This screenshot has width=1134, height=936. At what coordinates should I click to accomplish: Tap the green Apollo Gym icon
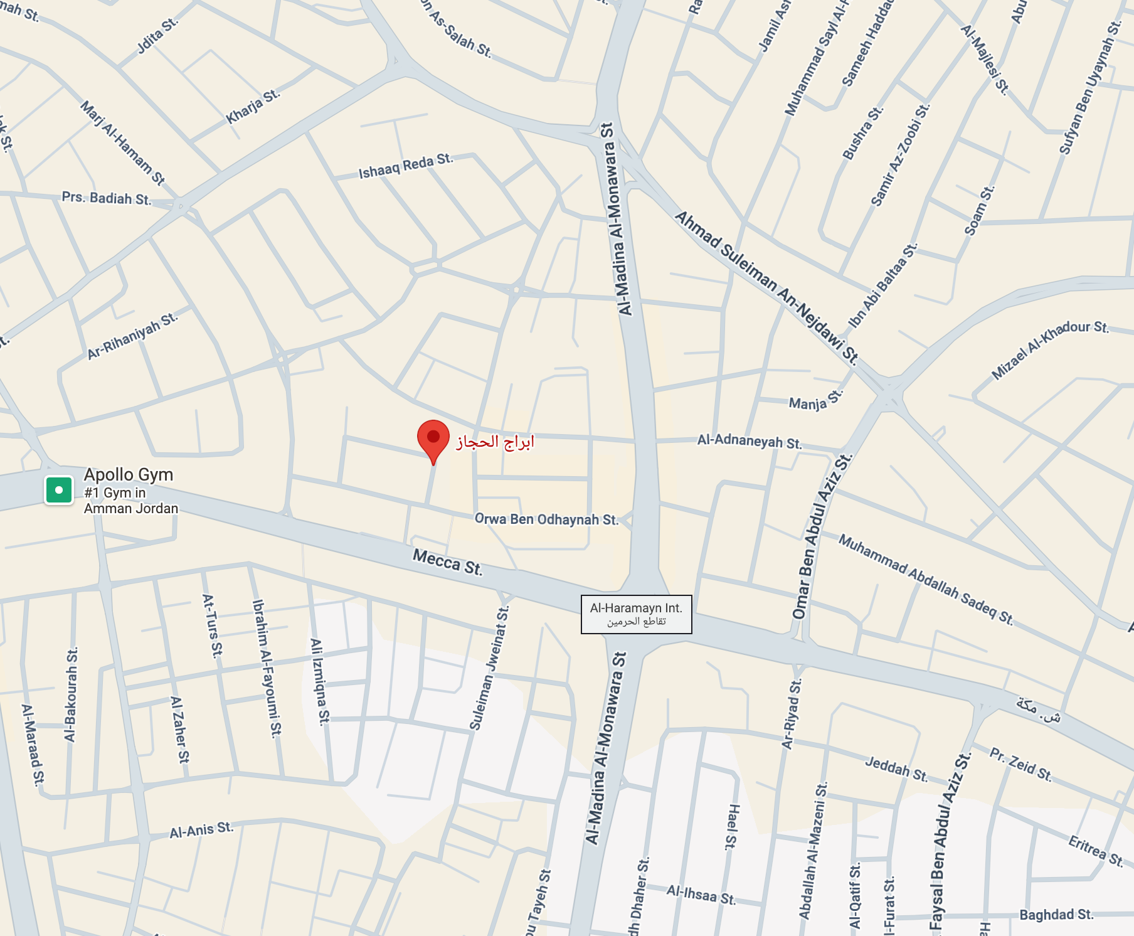[x=59, y=490]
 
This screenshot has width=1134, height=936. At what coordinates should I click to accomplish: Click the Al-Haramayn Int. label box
[x=636, y=614]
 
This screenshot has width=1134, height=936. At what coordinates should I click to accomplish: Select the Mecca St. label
[x=447, y=561]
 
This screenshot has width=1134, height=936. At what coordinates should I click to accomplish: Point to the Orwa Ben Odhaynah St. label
[x=546, y=519]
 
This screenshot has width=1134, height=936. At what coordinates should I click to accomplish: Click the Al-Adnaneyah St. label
[x=750, y=441]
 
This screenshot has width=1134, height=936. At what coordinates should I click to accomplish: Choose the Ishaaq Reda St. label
[x=406, y=166]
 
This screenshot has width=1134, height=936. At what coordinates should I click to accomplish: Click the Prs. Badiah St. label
[x=107, y=198]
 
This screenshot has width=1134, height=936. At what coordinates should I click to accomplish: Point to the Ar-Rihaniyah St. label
[x=132, y=336]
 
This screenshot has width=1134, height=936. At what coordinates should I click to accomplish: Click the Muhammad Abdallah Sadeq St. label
[x=926, y=578]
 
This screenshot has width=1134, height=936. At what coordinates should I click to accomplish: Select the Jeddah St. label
[x=896, y=768]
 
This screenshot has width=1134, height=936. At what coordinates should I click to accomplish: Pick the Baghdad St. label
[x=1056, y=915]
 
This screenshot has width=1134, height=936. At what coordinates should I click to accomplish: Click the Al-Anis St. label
[x=201, y=830]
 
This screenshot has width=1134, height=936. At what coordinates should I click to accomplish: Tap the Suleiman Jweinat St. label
[x=489, y=669]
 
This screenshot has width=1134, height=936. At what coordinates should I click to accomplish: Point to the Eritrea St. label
[x=1095, y=851]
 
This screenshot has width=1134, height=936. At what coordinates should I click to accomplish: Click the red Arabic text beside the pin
[x=495, y=442]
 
